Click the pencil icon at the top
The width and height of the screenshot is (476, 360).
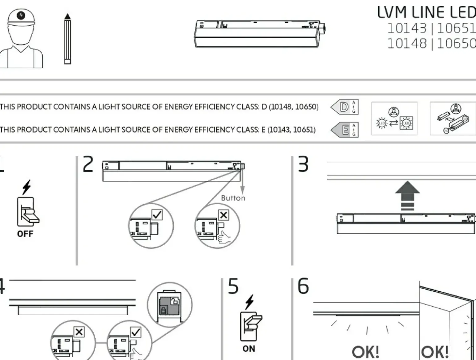pos(67,39)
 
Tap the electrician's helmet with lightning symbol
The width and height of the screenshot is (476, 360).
pos(21,17)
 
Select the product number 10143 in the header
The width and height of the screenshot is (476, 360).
pos(407,28)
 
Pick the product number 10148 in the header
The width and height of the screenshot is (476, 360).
pos(407,44)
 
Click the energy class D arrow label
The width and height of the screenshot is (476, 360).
pos(344,107)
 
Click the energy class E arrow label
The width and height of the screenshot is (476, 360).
pos(344,130)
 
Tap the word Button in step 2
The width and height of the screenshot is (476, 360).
pos(233,198)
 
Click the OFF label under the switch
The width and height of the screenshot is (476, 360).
pos(25,234)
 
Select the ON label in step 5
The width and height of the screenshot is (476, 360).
pos(249,349)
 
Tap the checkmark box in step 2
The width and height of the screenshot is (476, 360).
pos(157,214)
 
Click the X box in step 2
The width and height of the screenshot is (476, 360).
pos(223,215)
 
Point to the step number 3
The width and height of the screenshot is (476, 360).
pos(303,164)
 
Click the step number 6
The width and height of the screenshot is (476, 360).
pos(303,286)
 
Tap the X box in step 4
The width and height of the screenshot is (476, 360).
pos(79,332)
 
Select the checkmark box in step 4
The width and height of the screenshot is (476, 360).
pos(136,332)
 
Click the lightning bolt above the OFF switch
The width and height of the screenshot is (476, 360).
pos(27,187)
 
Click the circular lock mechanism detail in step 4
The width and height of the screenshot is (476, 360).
pos(169,304)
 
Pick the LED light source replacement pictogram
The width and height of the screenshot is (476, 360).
pos(394,119)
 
